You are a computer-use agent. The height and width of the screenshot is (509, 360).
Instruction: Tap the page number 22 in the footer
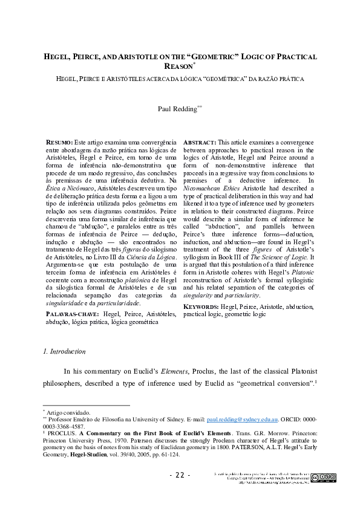[x=180, y=475]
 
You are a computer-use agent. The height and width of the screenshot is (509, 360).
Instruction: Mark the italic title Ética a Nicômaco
[x=67, y=188]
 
